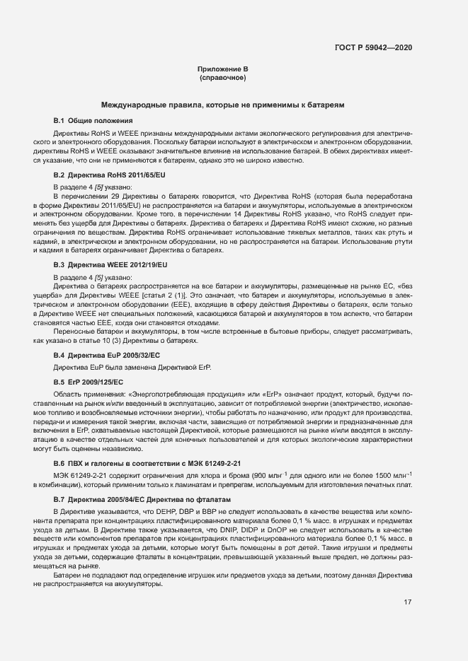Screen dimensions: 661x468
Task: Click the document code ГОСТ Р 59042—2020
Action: pyautogui.click(x=373, y=47)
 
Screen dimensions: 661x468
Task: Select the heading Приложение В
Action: pyautogui.click(x=222, y=69)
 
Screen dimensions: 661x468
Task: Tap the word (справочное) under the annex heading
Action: pyautogui.click(x=222, y=77)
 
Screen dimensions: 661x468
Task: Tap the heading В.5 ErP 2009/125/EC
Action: pyautogui.click(x=89, y=382)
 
